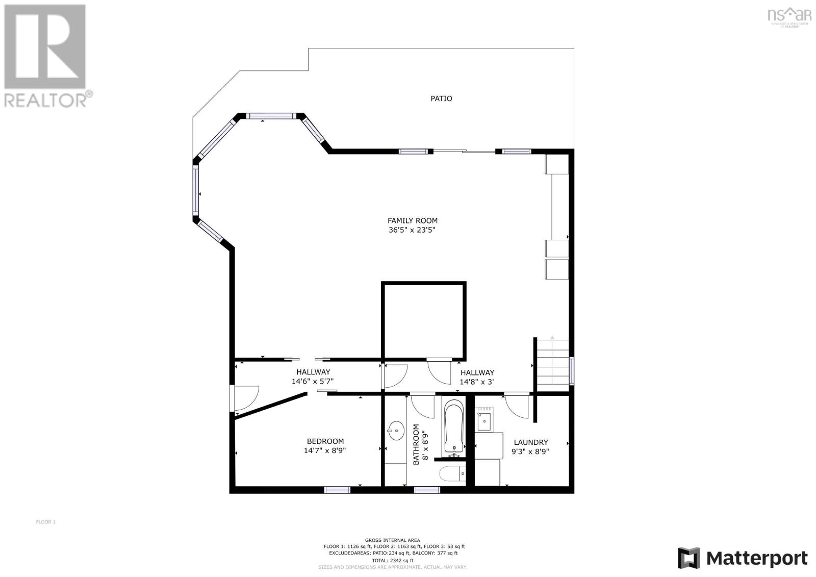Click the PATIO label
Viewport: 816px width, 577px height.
(441, 98)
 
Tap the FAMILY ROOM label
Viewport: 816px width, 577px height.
(412, 221)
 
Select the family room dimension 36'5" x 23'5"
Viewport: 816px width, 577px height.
(412, 230)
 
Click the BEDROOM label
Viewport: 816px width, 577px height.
(325, 441)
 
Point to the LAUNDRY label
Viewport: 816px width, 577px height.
(530, 442)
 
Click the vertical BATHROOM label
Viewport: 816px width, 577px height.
(416, 444)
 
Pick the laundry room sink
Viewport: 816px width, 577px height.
(483, 421)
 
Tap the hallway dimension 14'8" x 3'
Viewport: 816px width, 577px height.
(476, 382)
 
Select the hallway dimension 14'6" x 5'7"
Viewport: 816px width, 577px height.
(313, 381)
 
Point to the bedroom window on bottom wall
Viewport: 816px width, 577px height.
(338, 490)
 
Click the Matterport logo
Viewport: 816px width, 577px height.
(743, 558)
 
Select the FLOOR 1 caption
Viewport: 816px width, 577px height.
(45, 522)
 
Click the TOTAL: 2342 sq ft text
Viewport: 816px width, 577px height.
(392, 560)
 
